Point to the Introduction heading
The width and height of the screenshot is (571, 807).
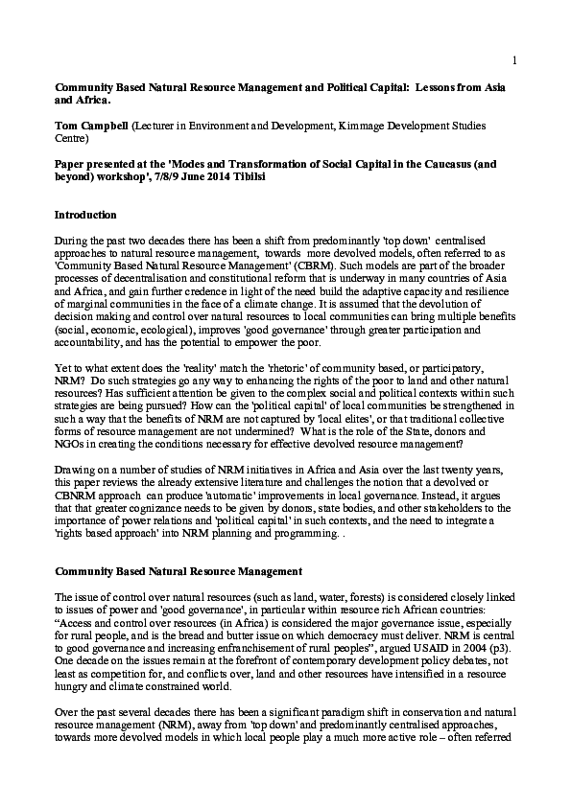(85, 215)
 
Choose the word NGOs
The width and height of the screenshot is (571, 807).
(72, 431)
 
